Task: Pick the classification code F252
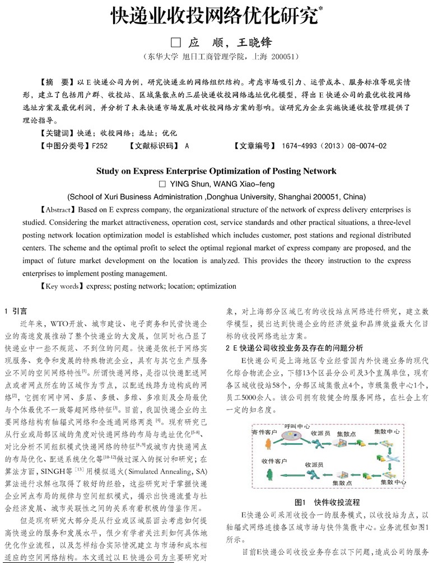[98, 147]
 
